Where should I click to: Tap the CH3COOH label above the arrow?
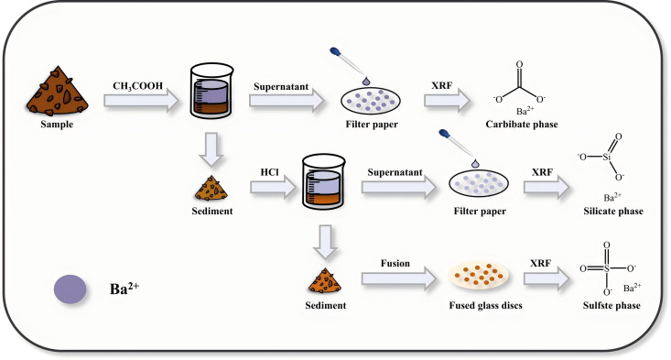[138, 86]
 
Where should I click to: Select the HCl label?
[270, 172]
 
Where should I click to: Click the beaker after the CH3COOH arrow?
[211, 91]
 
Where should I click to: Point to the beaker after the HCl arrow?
[323, 181]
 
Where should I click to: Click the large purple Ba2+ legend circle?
[70, 289]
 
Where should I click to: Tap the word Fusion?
[395, 263]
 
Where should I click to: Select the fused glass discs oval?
[479, 275]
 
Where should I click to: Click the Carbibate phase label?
[522, 125]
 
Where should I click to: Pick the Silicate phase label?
[613, 211]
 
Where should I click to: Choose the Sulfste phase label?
[611, 305]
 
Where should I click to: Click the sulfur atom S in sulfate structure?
[606, 268]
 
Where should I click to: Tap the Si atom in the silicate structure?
[606, 157]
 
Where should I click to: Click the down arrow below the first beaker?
[211, 149]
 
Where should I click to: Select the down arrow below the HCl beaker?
[325, 242]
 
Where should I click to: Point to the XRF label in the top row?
[441, 85]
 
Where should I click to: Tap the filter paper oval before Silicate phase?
[479, 184]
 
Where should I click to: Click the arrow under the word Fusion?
[399, 278]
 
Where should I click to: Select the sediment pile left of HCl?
[211, 189]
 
